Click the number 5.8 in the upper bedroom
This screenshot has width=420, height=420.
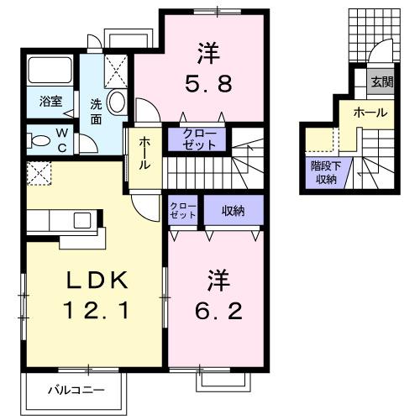pyautogui.click(x=208, y=85)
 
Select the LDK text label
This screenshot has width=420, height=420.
pyautogui.click(x=94, y=280)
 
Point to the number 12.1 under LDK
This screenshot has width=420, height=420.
pyautogui.click(x=94, y=312)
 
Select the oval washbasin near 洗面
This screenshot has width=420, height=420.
pyautogui.click(x=115, y=104)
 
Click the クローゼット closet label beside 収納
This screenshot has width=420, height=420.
pyautogui.click(x=182, y=211)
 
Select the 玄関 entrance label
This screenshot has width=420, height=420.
pyautogui.click(x=382, y=81)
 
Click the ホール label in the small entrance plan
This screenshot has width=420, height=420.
pyautogui.click(x=370, y=113)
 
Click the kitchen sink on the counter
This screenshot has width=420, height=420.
pyautogui.click(x=81, y=220)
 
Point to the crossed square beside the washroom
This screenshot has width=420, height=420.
pyautogui.click(x=116, y=67)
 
